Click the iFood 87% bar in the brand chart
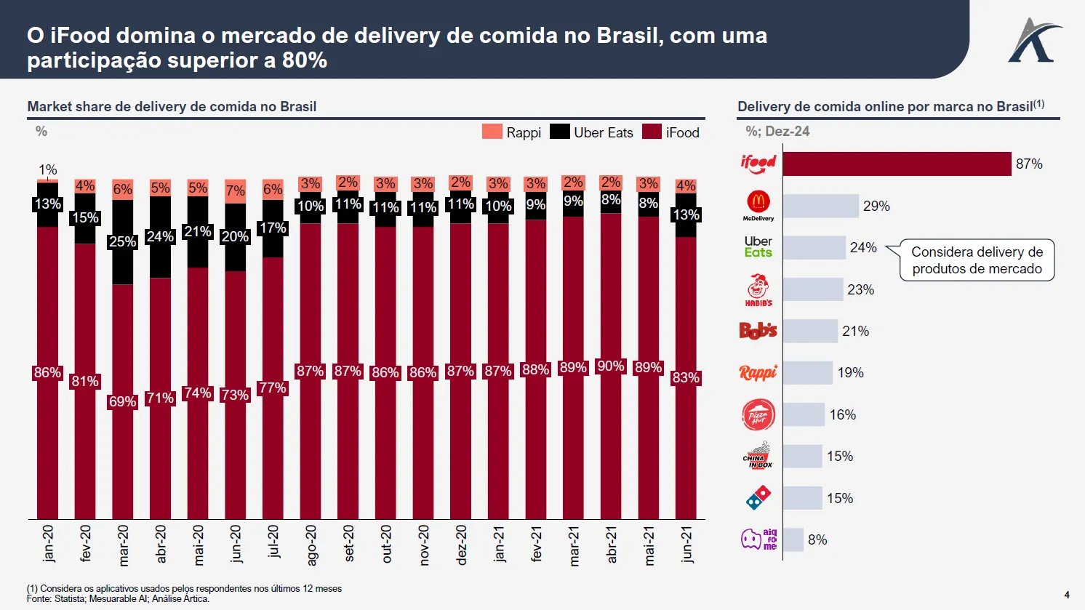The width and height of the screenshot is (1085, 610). click(x=897, y=164)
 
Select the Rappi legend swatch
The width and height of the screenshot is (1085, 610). click(x=492, y=132)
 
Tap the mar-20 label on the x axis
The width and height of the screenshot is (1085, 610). click(x=123, y=545)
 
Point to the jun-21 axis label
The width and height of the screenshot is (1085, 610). click(x=686, y=544)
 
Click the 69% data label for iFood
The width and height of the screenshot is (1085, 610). click(x=122, y=401)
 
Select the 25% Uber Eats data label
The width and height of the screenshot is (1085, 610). click(x=122, y=241)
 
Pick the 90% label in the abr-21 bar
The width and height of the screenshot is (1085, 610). click(x=611, y=366)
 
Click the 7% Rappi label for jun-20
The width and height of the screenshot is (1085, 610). click(x=235, y=190)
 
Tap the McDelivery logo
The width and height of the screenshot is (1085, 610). click(x=758, y=206)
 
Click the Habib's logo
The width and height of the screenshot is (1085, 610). click(x=758, y=289)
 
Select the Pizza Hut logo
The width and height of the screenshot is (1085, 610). click(x=758, y=414)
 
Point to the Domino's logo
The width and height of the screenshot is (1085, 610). click(x=758, y=498)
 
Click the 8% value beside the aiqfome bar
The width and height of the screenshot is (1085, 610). click(x=817, y=539)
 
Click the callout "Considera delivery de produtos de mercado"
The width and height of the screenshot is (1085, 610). click(x=977, y=260)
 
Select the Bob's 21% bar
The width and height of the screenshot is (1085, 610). click(x=810, y=331)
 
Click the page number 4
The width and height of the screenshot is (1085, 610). click(x=1067, y=595)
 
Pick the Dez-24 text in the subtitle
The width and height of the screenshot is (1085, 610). click(x=787, y=132)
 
